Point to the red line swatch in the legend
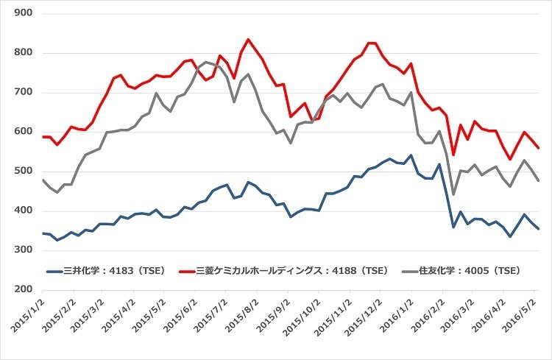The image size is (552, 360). (x=191, y=271)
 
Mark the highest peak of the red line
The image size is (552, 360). (x=247, y=39)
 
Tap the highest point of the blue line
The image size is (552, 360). (x=410, y=155)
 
